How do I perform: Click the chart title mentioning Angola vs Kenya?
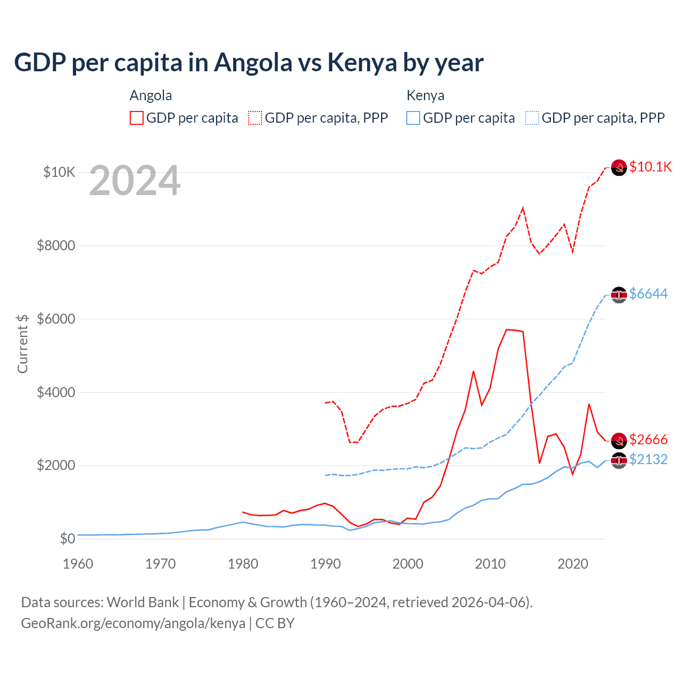[x=249, y=63]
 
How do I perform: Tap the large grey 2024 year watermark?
[x=135, y=181]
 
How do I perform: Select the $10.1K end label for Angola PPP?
[x=650, y=167]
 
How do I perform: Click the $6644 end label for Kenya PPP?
[x=648, y=294]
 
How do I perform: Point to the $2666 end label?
[x=648, y=439]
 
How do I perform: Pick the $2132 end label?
[x=648, y=459]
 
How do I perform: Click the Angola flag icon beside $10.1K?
[x=619, y=168]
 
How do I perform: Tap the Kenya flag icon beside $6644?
[x=619, y=295]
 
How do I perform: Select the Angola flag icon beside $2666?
[x=619, y=441]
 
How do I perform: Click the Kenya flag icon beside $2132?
[x=619, y=460]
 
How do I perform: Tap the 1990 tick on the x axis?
[x=325, y=564]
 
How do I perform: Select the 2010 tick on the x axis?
[x=490, y=564]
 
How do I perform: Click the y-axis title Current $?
[x=23, y=344]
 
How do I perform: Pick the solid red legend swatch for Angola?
[x=137, y=118]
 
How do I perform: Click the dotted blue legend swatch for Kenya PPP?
[x=532, y=118]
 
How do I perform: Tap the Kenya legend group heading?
[x=426, y=95]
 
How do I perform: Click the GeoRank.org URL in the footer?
[x=133, y=623]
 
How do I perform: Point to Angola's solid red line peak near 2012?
[x=507, y=330]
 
